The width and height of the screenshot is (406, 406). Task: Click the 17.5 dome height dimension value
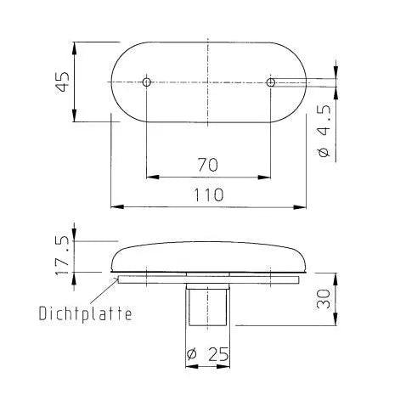click(61, 252)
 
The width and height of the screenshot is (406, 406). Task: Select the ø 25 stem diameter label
click(207, 354)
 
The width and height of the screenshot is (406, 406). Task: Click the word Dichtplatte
click(85, 313)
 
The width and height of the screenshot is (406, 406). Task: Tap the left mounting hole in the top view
click(146, 82)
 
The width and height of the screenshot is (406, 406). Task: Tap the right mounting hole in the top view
click(270, 82)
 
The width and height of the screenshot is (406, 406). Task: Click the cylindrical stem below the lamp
click(207, 305)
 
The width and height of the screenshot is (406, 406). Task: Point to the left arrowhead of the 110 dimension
click(116, 206)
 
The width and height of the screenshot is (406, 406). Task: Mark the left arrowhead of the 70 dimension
click(151, 177)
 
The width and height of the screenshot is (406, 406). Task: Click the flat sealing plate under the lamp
click(207, 278)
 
